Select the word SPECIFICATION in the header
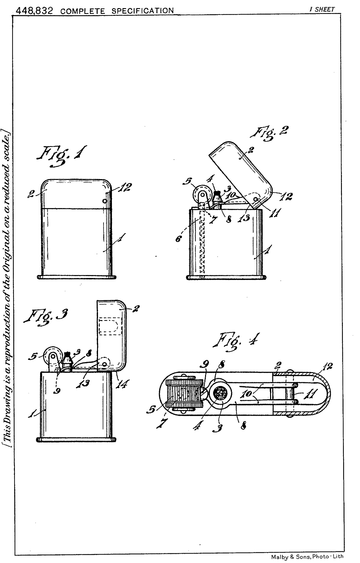[143, 11]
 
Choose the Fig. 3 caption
[46, 318]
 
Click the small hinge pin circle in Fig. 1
[105, 201]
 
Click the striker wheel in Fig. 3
[51, 356]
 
